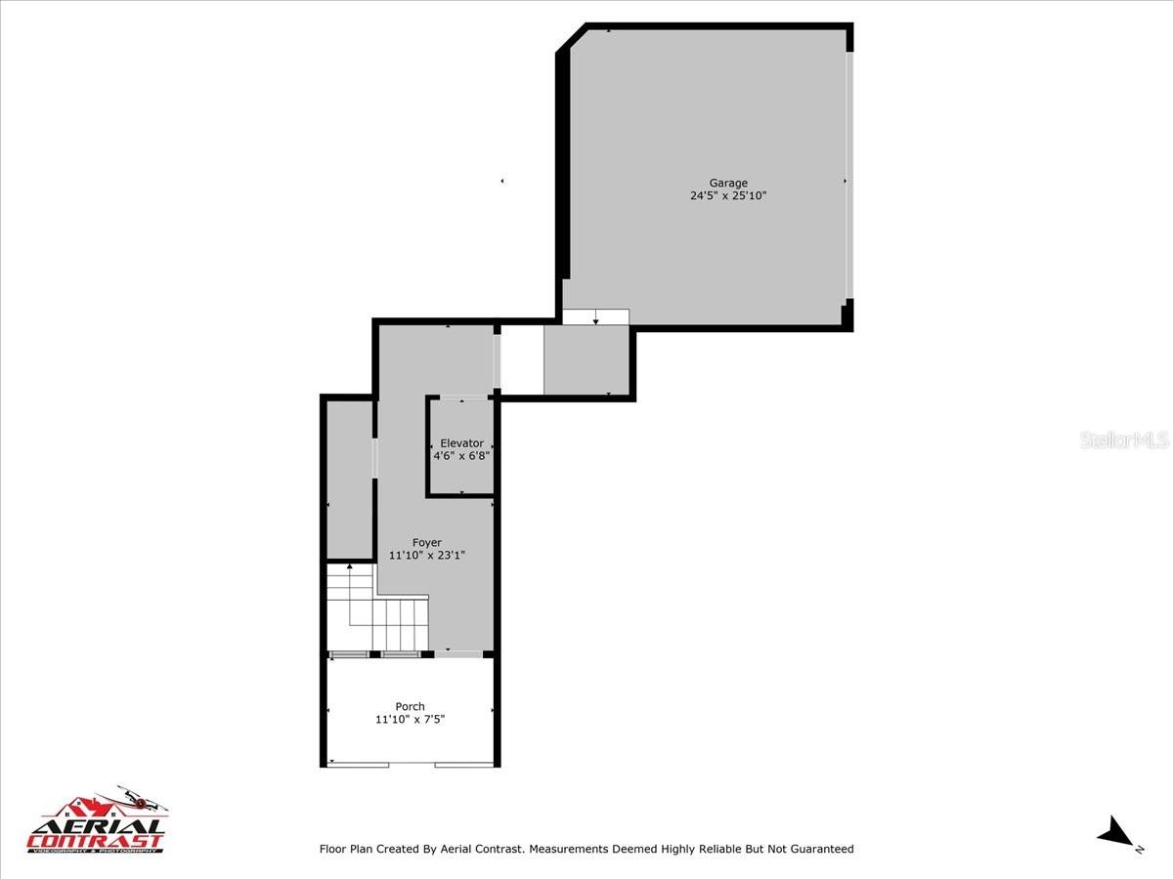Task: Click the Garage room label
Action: click(x=728, y=183)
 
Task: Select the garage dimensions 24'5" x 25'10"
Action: click(x=728, y=195)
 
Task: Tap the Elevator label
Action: click(x=461, y=443)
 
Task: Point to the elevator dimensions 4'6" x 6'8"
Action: click(x=461, y=455)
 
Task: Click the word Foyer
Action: click(x=426, y=543)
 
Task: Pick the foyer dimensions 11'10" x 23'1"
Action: click(x=426, y=556)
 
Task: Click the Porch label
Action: click(x=410, y=707)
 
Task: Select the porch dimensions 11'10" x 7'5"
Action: click(x=410, y=720)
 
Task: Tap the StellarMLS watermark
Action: click(x=1124, y=440)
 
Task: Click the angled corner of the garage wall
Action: click(x=572, y=38)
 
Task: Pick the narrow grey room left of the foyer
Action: click(x=349, y=479)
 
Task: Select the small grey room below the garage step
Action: click(x=586, y=360)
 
